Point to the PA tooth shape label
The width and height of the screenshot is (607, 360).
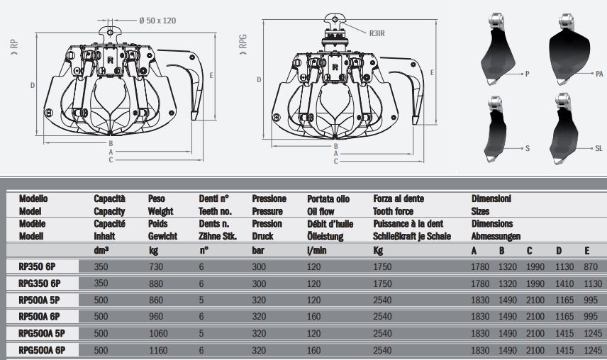tap(598, 73)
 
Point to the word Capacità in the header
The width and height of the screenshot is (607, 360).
tap(110, 199)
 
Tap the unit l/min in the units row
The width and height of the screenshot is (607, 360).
tap(316, 250)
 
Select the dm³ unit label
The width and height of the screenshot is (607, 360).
tap(102, 250)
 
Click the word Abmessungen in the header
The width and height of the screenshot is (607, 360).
tap(496, 236)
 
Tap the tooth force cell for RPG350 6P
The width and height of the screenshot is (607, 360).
tap(383, 283)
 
